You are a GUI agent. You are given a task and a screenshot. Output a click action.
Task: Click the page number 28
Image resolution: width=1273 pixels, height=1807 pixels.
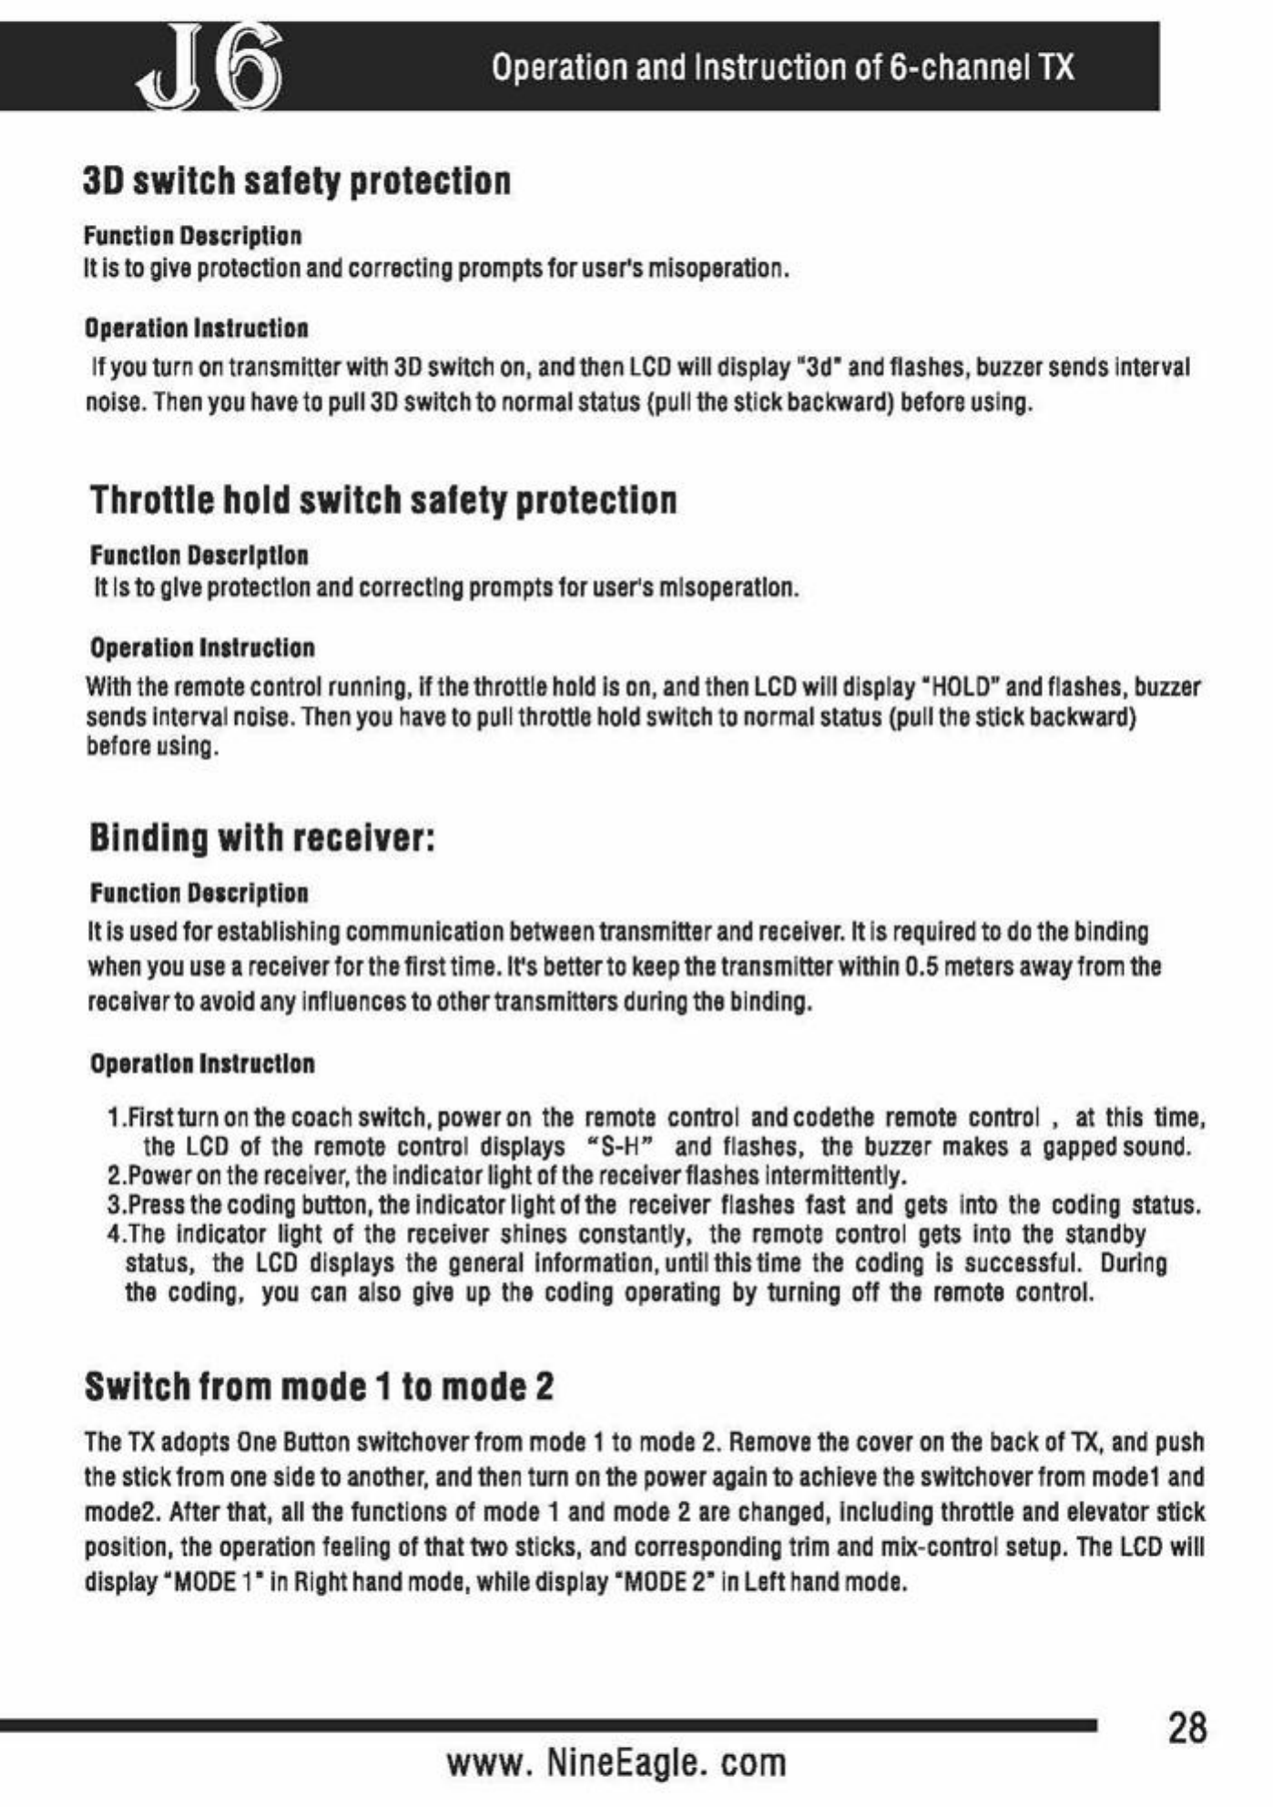pos(1186,1727)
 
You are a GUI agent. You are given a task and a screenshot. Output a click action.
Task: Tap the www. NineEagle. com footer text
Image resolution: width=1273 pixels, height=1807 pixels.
pos(616,1762)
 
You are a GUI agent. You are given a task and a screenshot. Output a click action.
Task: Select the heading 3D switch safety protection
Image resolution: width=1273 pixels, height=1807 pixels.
pos(297,180)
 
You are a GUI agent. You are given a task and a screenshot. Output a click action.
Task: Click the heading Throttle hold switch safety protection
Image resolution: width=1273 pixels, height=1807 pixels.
pos(383,500)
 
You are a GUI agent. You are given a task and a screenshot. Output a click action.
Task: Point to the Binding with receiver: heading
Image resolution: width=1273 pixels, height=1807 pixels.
pos(262,837)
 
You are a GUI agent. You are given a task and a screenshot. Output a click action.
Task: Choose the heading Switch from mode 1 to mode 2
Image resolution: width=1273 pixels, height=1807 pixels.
pos(319,1386)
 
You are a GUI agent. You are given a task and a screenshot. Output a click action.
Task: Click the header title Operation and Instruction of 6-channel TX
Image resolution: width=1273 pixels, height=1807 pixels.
pos(782,67)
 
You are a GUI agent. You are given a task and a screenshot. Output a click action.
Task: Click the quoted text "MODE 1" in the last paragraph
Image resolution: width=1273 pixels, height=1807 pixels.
pos(212,1581)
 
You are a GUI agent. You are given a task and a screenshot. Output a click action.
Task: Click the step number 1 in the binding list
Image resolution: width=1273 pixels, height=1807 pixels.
pos(114,1118)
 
